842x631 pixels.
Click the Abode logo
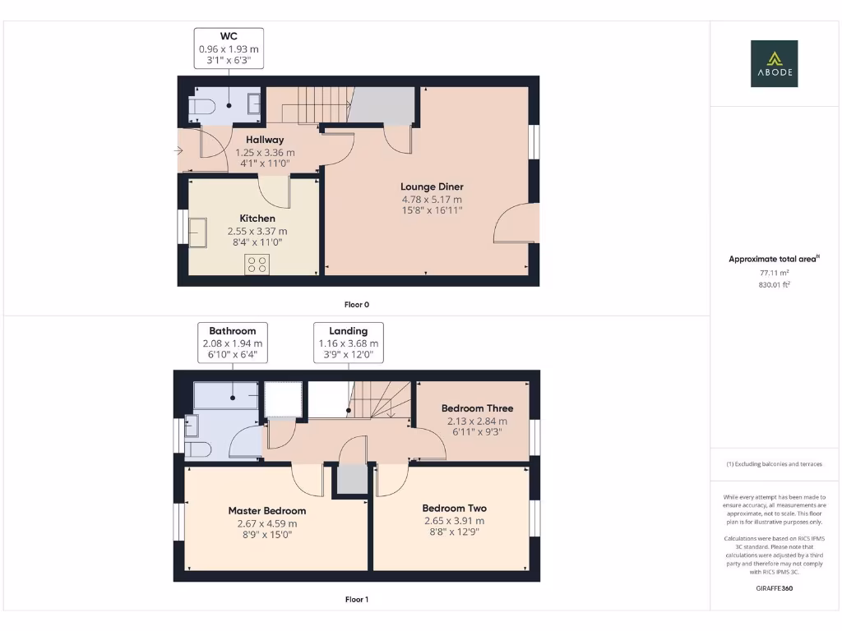pyautogui.click(x=774, y=64)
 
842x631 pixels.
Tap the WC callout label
pyautogui.click(x=229, y=48)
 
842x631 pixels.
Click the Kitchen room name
pyautogui.click(x=257, y=219)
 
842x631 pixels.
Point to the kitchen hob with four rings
pyautogui.click(x=257, y=264)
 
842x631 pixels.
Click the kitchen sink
pyautogui.click(x=198, y=232)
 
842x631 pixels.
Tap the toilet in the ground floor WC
pyautogui.click(x=201, y=106)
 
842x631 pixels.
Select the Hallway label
pyautogui.click(x=265, y=140)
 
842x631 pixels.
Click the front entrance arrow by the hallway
pyautogui.click(x=179, y=150)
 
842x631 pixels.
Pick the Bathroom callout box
pyautogui.click(x=233, y=343)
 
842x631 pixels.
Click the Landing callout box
pyautogui.click(x=349, y=343)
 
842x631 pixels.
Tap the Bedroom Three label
pyautogui.click(x=477, y=408)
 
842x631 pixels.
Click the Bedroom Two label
pyautogui.click(x=454, y=508)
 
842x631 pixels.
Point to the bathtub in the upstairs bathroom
pyautogui.click(x=225, y=395)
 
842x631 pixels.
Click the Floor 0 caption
pyautogui.click(x=357, y=305)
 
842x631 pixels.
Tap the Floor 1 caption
pyautogui.click(x=357, y=600)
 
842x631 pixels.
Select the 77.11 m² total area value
pyautogui.click(x=774, y=272)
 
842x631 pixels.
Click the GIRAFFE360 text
pyautogui.click(x=774, y=588)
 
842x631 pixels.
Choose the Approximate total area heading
pyautogui.click(x=774, y=259)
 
